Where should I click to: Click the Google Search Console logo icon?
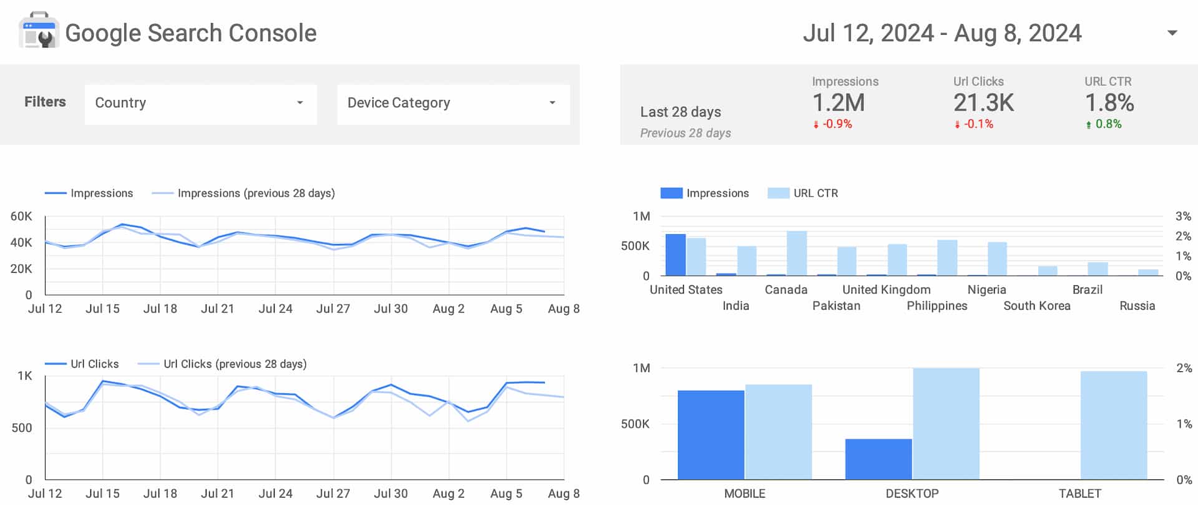pyautogui.click(x=39, y=31)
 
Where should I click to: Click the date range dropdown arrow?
pyautogui.click(x=1172, y=33)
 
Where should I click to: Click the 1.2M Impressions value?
pyautogui.click(x=838, y=103)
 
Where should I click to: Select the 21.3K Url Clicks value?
pyautogui.click(x=983, y=103)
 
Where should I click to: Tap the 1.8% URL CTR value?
pyautogui.click(x=1109, y=103)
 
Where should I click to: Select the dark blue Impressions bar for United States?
pyautogui.click(x=675, y=255)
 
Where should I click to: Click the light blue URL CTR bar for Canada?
pyautogui.click(x=797, y=253)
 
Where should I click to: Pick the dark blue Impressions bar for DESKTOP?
pyautogui.click(x=878, y=459)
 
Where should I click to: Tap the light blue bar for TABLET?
pyautogui.click(x=1113, y=425)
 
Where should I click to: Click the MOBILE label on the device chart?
pyautogui.click(x=744, y=494)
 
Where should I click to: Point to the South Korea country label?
pyautogui.click(x=1036, y=306)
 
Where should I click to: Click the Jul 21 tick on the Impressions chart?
pyautogui.click(x=217, y=309)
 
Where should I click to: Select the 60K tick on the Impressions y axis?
pyautogui.click(x=21, y=217)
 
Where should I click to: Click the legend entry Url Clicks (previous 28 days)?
pyautogui.click(x=235, y=364)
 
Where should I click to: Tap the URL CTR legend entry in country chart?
pyautogui.click(x=815, y=194)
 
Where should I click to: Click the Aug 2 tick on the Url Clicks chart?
pyautogui.click(x=448, y=494)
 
